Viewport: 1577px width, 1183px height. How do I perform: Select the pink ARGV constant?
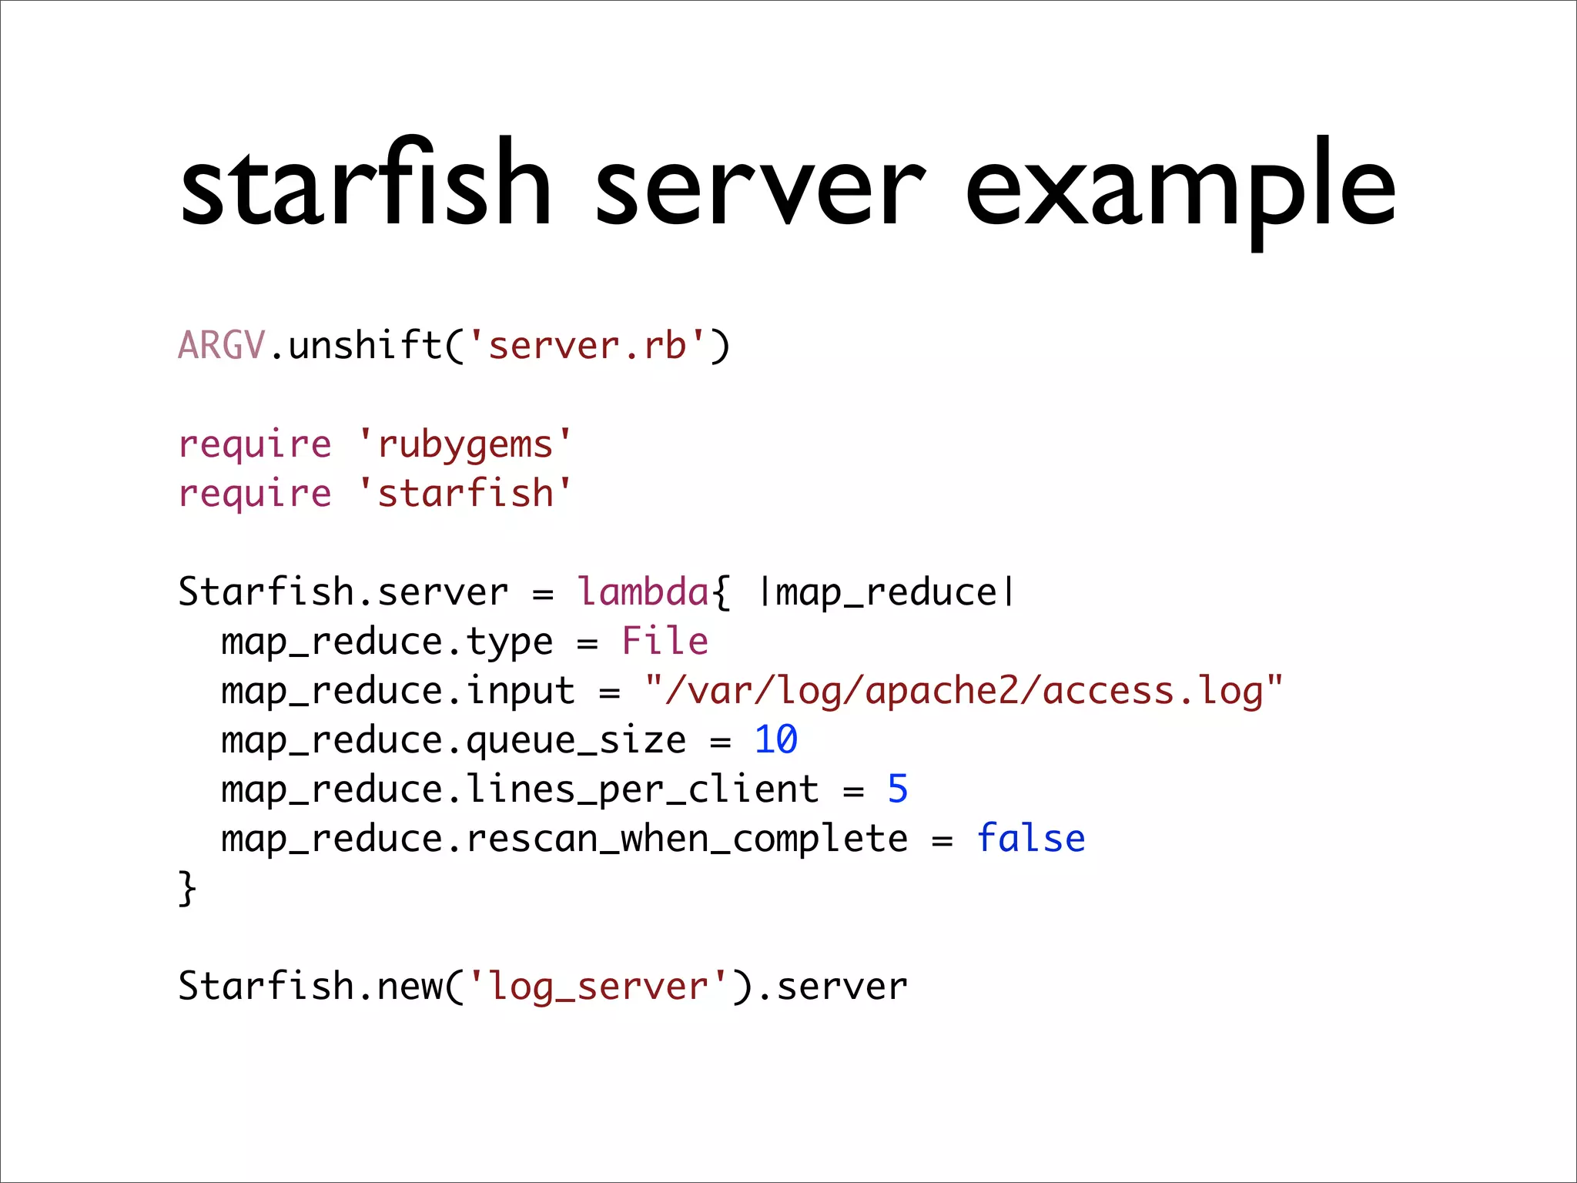[x=222, y=345]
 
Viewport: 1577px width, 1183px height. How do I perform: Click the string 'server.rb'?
[x=587, y=345]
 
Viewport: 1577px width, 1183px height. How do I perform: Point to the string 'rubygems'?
[x=465, y=445]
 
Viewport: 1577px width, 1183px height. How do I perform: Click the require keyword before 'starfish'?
[x=254, y=494]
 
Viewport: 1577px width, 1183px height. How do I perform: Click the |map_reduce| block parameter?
[x=887, y=593]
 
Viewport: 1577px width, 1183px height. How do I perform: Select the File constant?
[x=665, y=642]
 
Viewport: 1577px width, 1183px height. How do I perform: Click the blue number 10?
[x=775, y=740]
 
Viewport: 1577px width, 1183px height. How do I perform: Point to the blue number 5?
[x=897, y=789]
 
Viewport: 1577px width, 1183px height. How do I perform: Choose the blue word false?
[x=1030, y=839]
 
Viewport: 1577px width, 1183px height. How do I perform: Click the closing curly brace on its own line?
[x=187, y=889]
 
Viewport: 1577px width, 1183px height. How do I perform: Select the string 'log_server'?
[x=598, y=987]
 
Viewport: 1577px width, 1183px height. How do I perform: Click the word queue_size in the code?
[x=576, y=741]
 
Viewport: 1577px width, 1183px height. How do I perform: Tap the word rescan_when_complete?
[x=687, y=839]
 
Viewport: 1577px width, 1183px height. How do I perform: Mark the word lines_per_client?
[x=642, y=790]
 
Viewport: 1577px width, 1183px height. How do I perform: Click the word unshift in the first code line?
[x=365, y=345]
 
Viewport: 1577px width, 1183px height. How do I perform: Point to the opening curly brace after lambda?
[x=721, y=593]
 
